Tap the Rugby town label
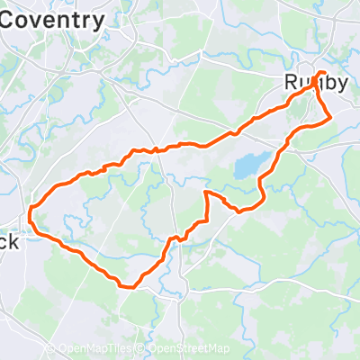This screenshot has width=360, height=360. tap(316, 82)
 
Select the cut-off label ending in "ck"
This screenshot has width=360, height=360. tap(8, 242)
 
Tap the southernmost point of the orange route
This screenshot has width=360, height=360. tap(131, 288)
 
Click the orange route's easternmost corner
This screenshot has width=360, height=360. tap(332, 117)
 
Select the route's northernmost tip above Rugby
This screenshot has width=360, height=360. tap(322, 71)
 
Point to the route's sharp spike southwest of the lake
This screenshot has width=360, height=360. tap(207, 193)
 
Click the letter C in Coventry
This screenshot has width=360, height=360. tap(7, 17)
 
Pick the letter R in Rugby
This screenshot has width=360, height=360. tap(291, 82)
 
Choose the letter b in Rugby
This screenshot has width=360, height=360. tap(328, 82)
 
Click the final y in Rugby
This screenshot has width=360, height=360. tap(342, 84)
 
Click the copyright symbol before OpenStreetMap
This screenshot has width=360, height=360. tap(141, 349)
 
